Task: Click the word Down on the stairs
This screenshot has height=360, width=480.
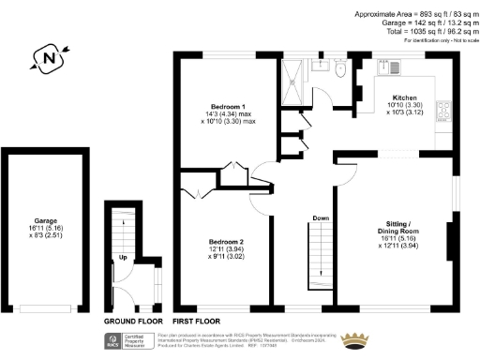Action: point(321,218)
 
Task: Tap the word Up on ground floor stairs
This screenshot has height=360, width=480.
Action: point(123,258)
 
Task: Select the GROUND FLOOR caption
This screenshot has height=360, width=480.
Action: point(128,321)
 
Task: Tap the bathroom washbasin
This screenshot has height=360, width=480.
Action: point(320,66)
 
